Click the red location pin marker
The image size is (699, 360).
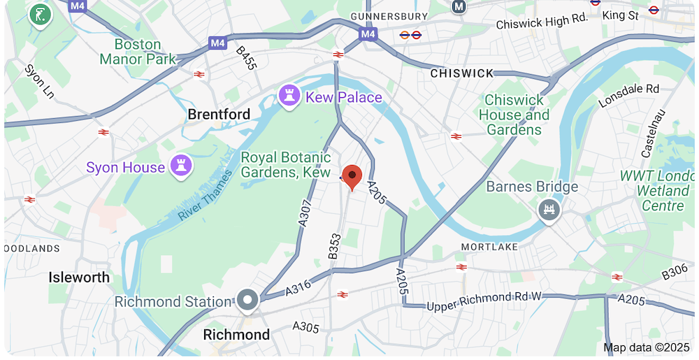[352, 176]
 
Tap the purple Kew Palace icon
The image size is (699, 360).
[288, 96]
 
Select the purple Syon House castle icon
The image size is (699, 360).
[181, 166]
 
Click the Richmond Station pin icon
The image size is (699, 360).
[247, 301]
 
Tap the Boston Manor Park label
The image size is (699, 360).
[138, 52]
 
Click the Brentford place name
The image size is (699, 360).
[219, 114]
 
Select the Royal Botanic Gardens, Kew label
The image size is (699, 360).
[285, 164]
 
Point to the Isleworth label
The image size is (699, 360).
[79, 278]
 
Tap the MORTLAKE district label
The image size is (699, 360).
[489, 247]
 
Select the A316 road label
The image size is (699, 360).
[298, 289]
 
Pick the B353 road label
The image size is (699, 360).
[333, 246]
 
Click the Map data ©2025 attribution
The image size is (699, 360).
[647, 347]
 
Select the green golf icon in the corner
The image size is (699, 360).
[41, 15]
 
